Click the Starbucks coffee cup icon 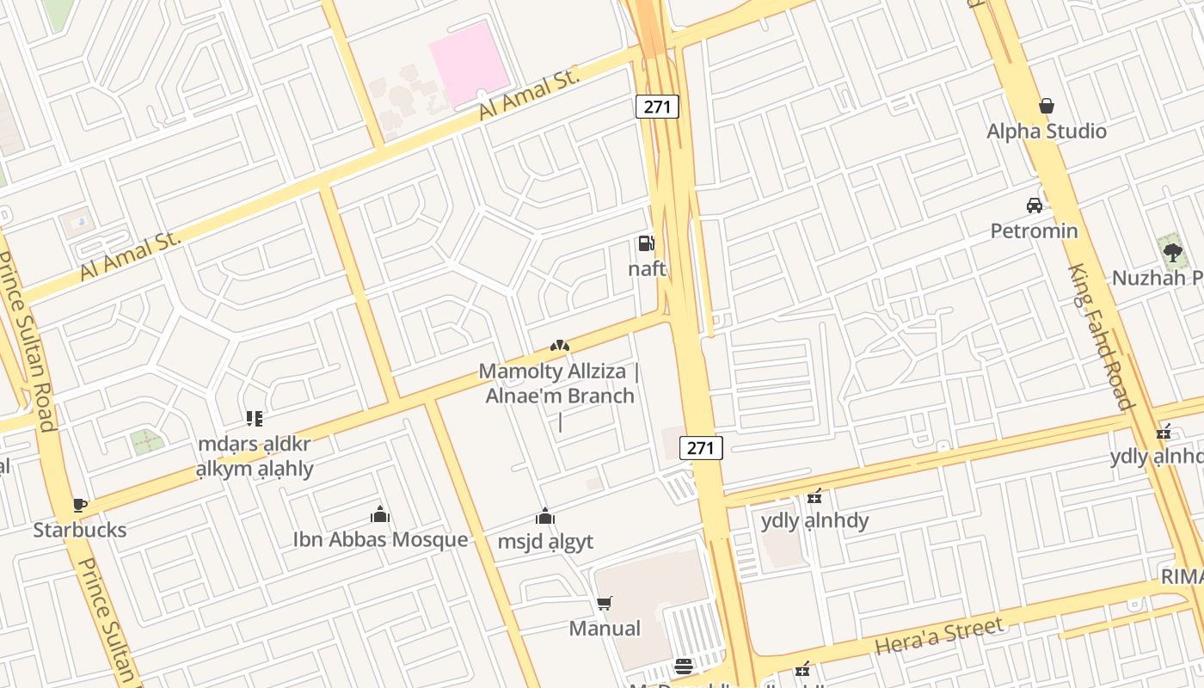80,505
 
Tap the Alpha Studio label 1046,132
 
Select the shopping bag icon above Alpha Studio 1047,106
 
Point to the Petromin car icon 1034,205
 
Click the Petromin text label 1034,230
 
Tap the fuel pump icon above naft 646,243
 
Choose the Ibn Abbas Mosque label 380,539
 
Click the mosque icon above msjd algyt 544,516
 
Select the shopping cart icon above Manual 605,603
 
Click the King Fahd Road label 1100,335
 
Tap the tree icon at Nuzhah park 1171,252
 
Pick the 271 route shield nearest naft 658,107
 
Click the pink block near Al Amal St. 469,60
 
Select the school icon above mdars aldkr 254,419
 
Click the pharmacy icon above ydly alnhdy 814,496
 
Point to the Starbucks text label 80,530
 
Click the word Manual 605,629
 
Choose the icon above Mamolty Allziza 560,346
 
